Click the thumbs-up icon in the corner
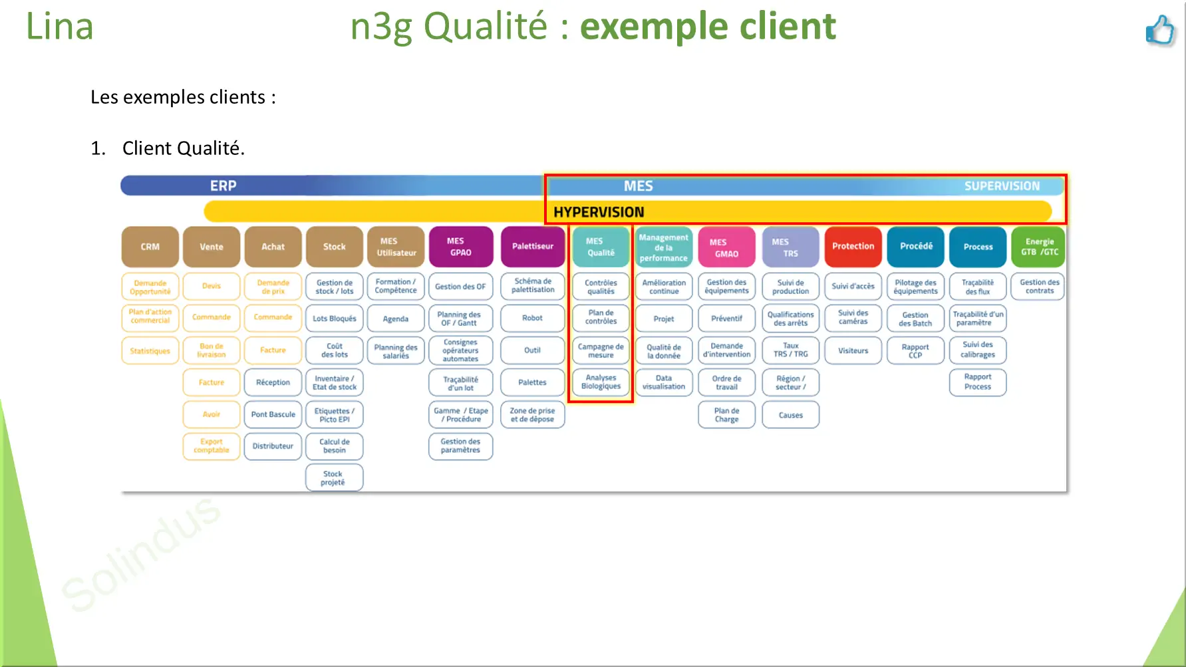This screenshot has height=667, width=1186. (1160, 30)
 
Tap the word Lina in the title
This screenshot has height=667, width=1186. (59, 27)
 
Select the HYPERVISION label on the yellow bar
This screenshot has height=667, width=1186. (599, 212)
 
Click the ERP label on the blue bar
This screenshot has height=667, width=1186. (223, 186)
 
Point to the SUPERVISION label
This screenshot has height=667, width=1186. (1002, 186)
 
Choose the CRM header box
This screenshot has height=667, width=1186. (150, 247)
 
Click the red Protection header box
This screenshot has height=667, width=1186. (853, 247)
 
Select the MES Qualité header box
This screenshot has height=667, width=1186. (601, 247)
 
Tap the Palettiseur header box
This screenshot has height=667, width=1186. (533, 247)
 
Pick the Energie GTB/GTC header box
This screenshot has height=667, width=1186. (1040, 247)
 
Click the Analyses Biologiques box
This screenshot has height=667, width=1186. (601, 382)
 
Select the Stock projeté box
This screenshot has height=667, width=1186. (334, 478)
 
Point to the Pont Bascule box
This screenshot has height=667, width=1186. (273, 414)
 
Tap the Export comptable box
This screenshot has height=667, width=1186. (212, 446)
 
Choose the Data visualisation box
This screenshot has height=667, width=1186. (663, 382)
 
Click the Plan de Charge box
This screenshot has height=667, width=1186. (726, 415)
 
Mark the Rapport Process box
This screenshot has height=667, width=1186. (978, 382)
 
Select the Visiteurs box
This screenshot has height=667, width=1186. (853, 350)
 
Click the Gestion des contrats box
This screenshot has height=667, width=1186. (1040, 287)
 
